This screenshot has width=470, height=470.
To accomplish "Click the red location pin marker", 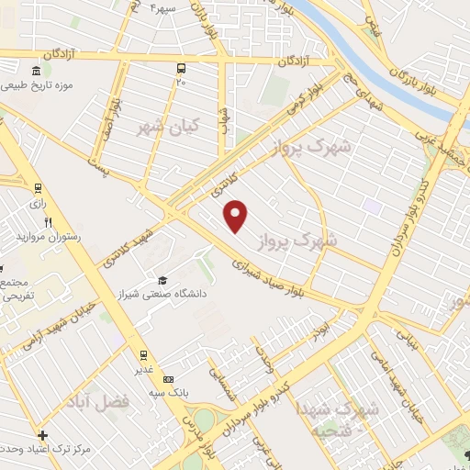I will [237, 215].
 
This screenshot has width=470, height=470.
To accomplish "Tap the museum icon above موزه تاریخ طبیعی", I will [36, 72].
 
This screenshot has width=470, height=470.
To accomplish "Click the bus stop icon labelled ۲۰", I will [181, 68].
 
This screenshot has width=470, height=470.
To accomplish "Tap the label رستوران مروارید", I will [48, 237].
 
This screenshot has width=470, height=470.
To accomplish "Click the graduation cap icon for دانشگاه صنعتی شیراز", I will [162, 280].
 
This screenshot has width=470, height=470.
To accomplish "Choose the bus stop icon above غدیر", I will [143, 354].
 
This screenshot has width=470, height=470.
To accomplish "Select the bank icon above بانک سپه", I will [168, 378].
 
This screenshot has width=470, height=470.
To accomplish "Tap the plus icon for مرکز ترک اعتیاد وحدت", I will [42, 434].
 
